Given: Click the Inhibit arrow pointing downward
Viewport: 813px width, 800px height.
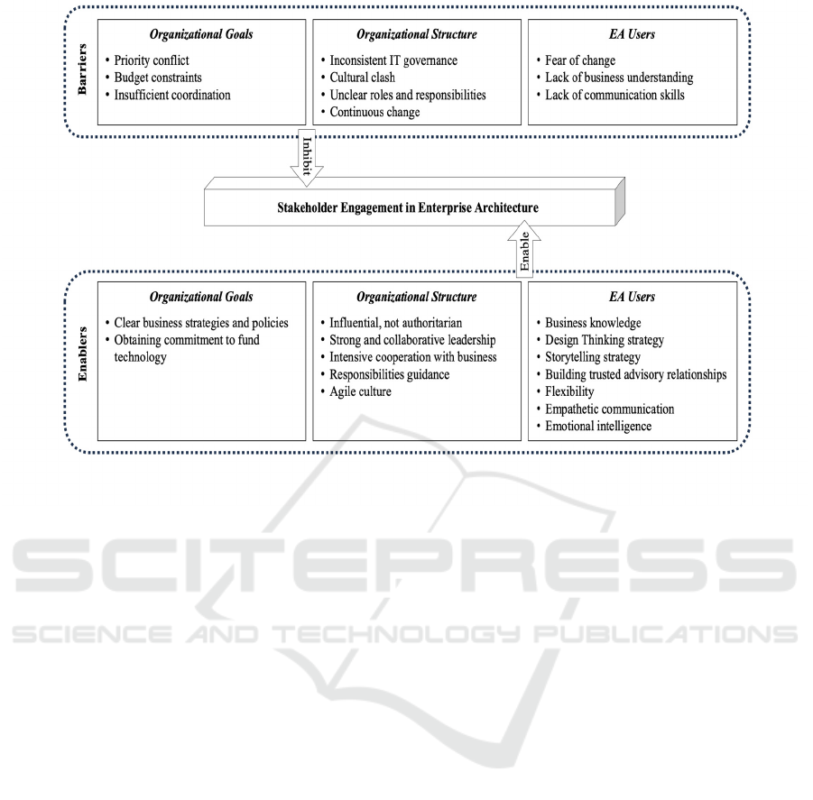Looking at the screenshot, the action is [x=307, y=158].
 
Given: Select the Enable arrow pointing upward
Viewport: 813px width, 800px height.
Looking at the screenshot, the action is [x=524, y=249].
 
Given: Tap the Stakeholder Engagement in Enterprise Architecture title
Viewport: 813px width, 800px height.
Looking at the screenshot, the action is [x=408, y=207].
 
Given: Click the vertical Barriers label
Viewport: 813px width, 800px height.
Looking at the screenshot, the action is [x=82, y=69].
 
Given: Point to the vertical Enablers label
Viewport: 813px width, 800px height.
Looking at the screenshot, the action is [x=82, y=354].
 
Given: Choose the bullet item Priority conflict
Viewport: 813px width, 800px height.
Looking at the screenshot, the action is [x=152, y=60].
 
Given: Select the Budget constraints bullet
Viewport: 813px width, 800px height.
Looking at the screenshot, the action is [x=158, y=78].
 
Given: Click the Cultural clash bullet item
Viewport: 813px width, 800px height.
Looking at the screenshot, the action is [x=363, y=78].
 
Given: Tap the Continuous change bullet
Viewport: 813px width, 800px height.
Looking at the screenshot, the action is [x=374, y=113].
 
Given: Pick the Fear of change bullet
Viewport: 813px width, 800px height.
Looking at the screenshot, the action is [x=580, y=60].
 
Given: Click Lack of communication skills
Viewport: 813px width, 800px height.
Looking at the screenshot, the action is [x=614, y=95].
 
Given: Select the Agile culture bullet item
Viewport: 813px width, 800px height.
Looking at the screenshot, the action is [x=360, y=391].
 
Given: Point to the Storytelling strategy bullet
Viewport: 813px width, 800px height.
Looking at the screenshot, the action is [x=593, y=357].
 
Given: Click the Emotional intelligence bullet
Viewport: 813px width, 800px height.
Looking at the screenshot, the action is [x=598, y=427].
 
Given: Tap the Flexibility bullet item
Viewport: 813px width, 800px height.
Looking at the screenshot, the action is [x=569, y=391].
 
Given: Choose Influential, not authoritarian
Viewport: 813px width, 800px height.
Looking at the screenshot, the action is [x=395, y=323].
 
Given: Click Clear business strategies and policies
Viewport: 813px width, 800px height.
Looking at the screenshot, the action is [x=201, y=323].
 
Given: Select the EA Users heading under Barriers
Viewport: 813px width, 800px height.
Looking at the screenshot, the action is [x=632, y=34].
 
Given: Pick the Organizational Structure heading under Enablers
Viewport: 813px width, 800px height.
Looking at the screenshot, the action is [x=416, y=297].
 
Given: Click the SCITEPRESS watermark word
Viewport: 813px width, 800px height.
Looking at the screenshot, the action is [x=404, y=566].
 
